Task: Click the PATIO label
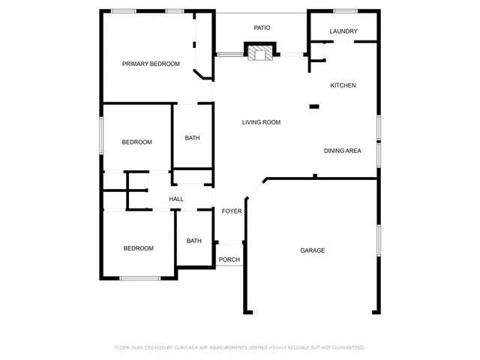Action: (x=262, y=28)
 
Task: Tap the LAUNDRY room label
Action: (x=343, y=31)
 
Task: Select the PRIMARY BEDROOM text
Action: (x=151, y=64)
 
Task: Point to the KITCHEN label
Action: (x=343, y=85)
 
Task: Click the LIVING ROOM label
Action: (x=261, y=122)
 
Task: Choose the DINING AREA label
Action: (x=342, y=151)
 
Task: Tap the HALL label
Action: (x=176, y=199)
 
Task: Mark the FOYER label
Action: (x=232, y=211)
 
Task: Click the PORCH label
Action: (x=229, y=260)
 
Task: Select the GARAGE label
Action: (x=313, y=250)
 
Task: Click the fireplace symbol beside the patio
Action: (x=261, y=52)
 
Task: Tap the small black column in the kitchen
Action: (x=314, y=107)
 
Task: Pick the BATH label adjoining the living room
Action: (x=193, y=138)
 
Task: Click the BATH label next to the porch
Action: (x=194, y=241)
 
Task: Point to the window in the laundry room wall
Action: (x=345, y=10)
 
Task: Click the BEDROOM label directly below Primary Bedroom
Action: (x=137, y=142)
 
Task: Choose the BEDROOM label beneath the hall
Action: (x=139, y=248)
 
